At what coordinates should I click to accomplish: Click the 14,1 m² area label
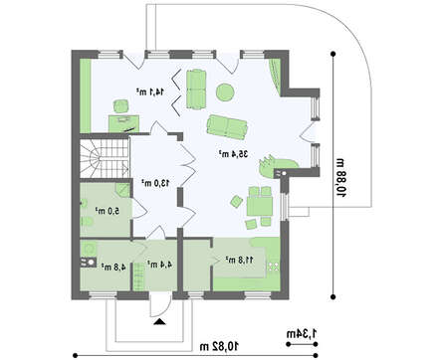tap(149, 91)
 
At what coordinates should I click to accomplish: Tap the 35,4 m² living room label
tap(233, 154)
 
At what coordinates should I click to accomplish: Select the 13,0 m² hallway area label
tap(155, 183)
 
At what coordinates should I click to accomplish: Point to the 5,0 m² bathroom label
tap(108, 211)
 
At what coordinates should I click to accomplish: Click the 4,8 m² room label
tap(113, 267)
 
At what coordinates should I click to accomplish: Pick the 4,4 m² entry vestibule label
tap(159, 265)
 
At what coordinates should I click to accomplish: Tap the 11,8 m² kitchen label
tap(240, 260)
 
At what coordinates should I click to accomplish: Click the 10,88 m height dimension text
tap(341, 178)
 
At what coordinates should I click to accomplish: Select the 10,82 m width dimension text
tap(219, 347)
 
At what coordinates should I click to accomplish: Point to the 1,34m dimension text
tap(302, 333)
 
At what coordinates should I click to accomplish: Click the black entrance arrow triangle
tap(160, 321)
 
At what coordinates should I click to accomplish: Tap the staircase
tap(104, 158)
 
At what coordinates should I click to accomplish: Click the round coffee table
tap(225, 91)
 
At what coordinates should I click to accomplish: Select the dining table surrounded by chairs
tap(260, 206)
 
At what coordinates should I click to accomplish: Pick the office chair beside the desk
tap(121, 106)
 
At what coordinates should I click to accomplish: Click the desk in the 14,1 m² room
tap(123, 123)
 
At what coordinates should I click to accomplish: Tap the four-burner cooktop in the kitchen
tap(274, 267)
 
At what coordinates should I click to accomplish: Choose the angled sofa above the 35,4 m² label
tap(227, 126)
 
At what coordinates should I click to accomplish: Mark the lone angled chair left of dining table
tap(237, 202)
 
